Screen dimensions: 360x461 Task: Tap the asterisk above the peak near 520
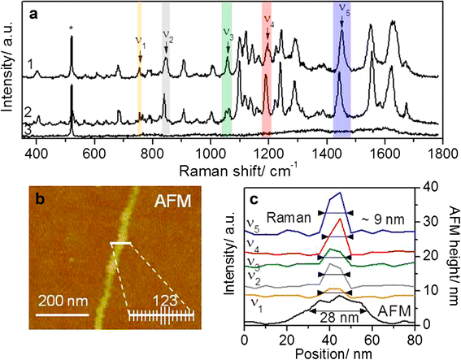click(72, 29)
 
